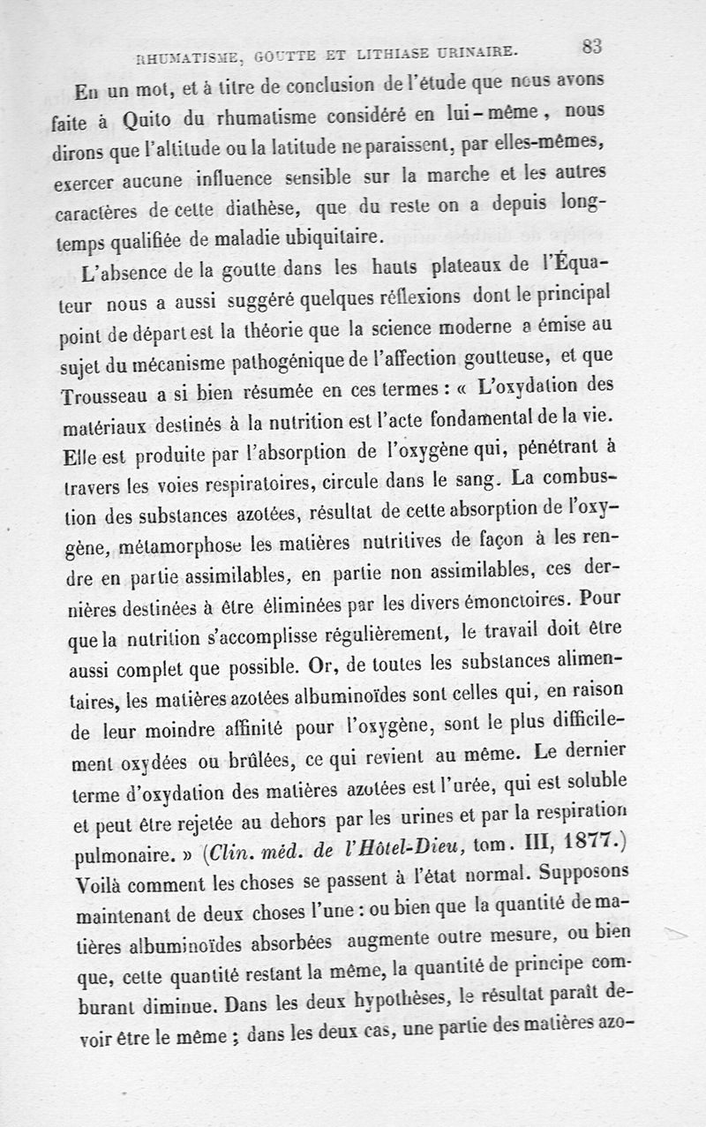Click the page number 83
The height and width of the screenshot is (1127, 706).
[591, 46]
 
